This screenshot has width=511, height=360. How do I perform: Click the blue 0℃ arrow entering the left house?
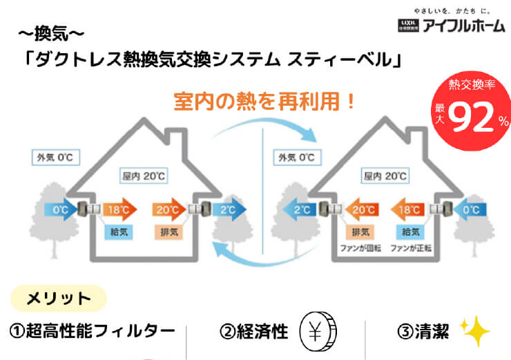pyautogui.click(x=59, y=208)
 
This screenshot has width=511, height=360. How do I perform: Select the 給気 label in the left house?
pyautogui.click(x=116, y=231)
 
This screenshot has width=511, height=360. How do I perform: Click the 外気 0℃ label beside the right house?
pyautogui.click(x=296, y=158)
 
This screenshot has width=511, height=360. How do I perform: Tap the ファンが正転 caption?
pyautogui.click(x=412, y=247)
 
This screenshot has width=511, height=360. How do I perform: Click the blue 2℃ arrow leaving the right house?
pyautogui.click(x=293, y=208)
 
